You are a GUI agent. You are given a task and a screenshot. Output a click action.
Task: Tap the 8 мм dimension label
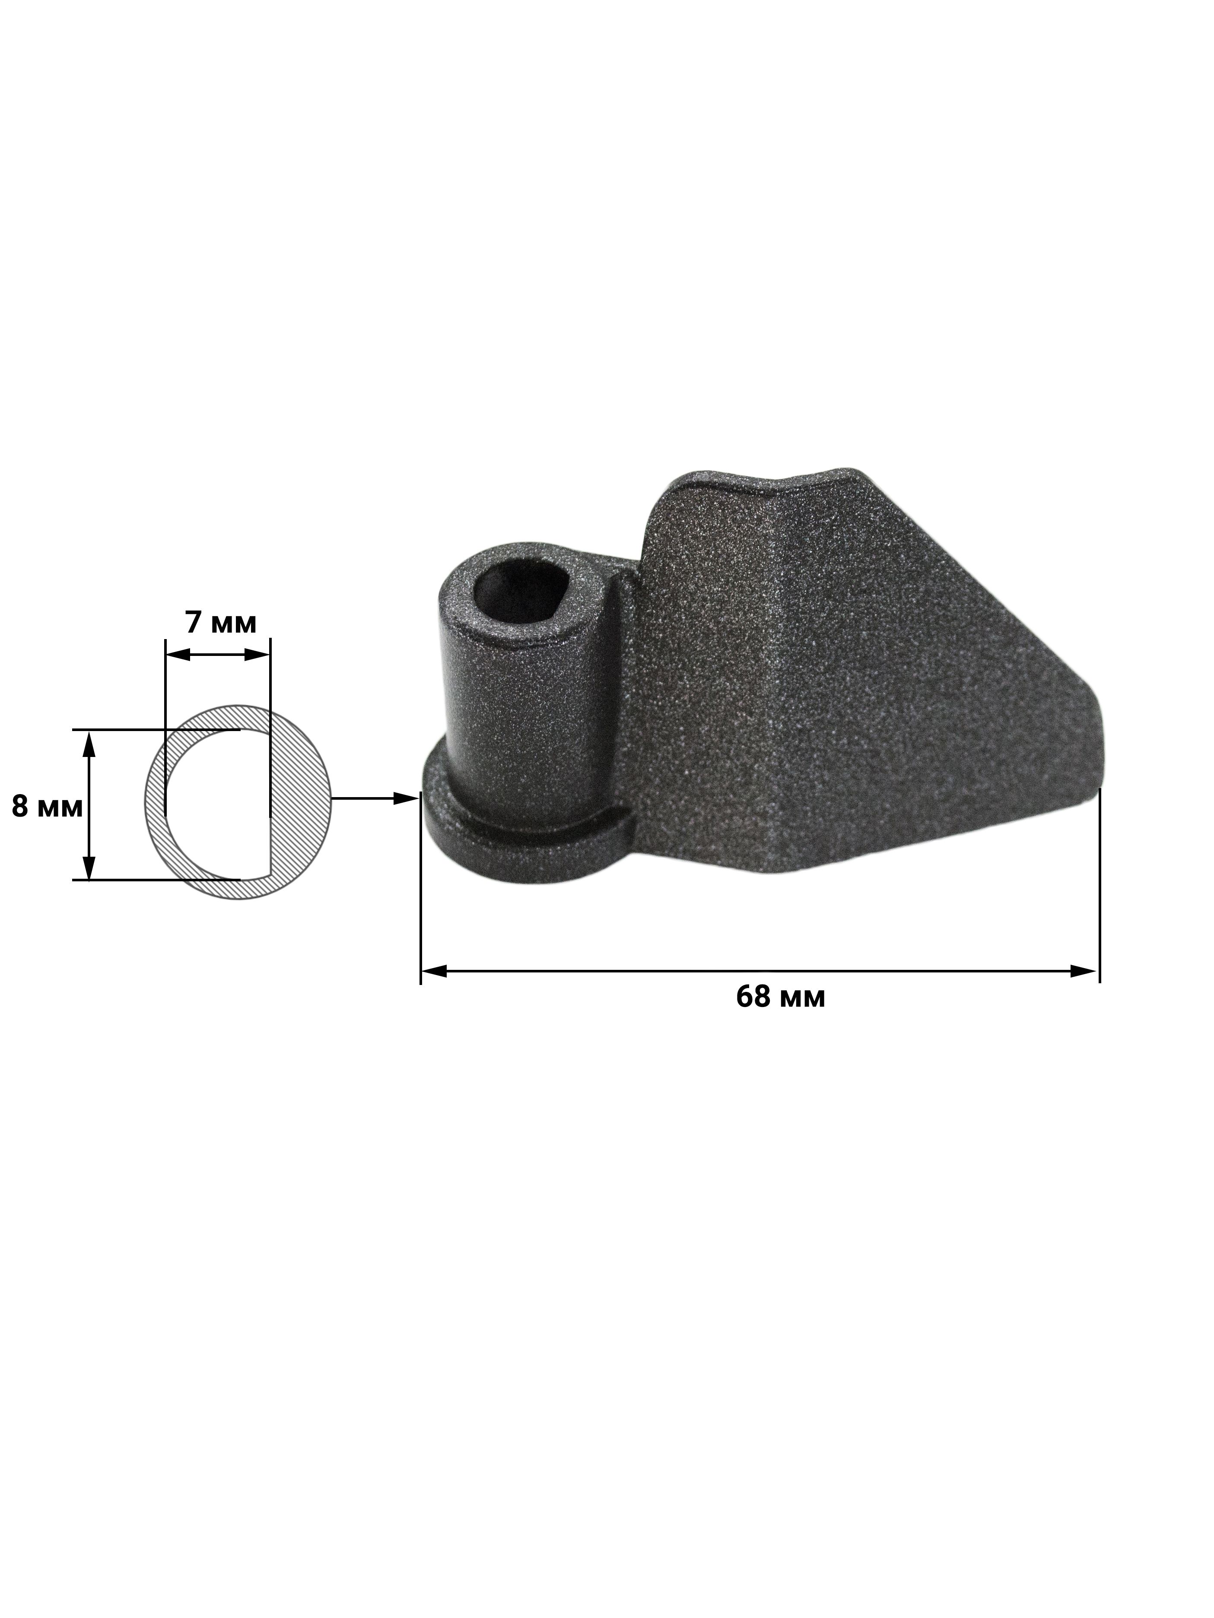(x=47, y=806)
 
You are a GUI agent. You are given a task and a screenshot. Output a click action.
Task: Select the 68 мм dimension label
(x=781, y=996)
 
